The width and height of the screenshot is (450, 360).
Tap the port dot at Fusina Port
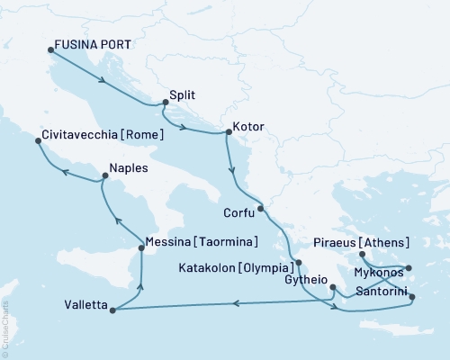click(x=50, y=50)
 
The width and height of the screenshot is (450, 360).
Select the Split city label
click(x=183, y=94)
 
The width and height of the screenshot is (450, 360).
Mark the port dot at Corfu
click(x=260, y=210)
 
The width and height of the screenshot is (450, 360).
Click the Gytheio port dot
click(x=333, y=289)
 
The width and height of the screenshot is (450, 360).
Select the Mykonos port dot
click(x=408, y=267)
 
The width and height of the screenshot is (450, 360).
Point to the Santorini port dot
click(x=412, y=297)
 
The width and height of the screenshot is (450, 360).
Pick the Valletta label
click(x=81, y=305)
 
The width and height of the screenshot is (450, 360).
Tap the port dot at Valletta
click(x=112, y=310)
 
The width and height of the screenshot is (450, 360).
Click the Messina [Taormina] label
click(x=202, y=242)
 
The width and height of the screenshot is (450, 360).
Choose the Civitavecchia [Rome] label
click(x=102, y=135)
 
